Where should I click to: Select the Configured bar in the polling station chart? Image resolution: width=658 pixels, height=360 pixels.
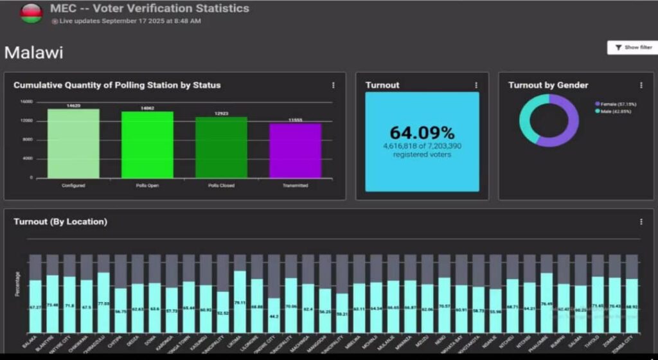tap(73, 143)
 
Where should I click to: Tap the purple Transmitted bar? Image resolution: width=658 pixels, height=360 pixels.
tap(295, 150)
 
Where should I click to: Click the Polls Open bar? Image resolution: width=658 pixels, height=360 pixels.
tap(147, 145)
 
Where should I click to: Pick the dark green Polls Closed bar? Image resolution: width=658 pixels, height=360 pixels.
tap(221, 147)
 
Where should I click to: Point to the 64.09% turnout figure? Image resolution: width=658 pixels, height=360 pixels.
tap(422, 133)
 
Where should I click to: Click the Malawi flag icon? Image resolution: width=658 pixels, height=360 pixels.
tap(31, 12)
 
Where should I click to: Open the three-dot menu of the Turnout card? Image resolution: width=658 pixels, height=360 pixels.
tap(476, 85)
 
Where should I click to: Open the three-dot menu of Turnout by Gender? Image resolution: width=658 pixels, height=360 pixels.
tap(641, 85)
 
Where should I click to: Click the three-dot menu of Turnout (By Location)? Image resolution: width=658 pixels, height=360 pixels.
tap(641, 222)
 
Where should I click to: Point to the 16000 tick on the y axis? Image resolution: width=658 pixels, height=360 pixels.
tap(26, 102)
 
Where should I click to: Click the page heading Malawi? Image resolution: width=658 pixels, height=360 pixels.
tap(33, 53)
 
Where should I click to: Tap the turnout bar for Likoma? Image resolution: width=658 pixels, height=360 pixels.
tap(240, 302)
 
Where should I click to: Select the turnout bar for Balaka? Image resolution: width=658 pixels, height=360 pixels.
tap(35, 307)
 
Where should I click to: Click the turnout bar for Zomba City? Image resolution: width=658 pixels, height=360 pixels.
tap(632, 307)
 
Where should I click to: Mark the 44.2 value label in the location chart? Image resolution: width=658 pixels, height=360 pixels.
tap(274, 316)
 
